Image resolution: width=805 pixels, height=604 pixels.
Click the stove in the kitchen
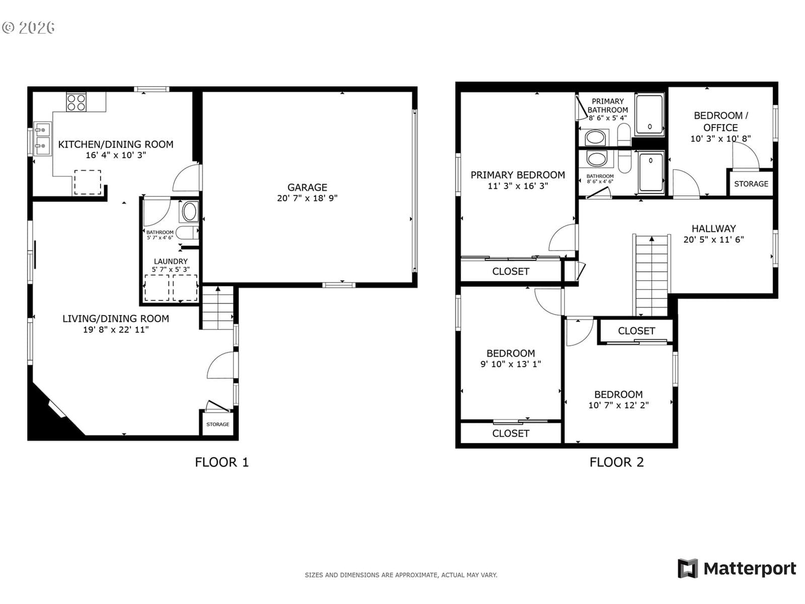[x=76, y=102]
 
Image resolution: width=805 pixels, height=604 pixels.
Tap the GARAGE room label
[x=307, y=187]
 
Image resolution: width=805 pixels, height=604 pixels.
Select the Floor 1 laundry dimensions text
[x=171, y=269]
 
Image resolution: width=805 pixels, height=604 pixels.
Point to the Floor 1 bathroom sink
[x=189, y=211]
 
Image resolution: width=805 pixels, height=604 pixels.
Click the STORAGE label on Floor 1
[x=217, y=424]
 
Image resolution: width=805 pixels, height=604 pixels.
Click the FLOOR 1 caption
[x=222, y=462]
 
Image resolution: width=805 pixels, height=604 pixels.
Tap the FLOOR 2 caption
[x=616, y=462]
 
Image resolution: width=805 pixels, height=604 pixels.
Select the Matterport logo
[x=737, y=569]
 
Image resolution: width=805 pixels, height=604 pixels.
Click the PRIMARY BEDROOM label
[x=518, y=175]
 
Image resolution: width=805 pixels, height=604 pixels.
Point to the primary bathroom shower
[x=650, y=114]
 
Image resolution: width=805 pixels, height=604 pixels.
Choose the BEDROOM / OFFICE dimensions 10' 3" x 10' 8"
[x=720, y=138]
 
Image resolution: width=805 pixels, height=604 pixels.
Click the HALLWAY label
[x=713, y=229]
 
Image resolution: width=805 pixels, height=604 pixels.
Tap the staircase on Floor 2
[x=652, y=275]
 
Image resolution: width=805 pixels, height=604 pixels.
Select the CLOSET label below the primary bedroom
[x=511, y=271]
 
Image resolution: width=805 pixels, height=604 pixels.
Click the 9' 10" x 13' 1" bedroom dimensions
[x=511, y=364]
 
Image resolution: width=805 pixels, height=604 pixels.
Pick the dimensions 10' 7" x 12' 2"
[x=618, y=405]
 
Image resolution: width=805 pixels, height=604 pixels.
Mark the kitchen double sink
[x=43, y=139]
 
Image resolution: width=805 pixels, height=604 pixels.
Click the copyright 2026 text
[x=28, y=28]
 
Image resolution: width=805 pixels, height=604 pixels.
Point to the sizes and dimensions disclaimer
[x=401, y=575]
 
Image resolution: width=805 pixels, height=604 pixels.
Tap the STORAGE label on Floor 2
[x=751, y=184]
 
